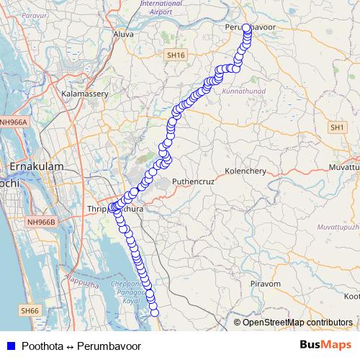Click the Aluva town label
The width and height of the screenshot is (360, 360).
pyautogui.click(x=124, y=34)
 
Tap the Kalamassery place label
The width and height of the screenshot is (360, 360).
pyautogui.click(x=85, y=94)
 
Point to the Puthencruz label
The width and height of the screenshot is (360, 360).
pyautogui.click(x=191, y=182)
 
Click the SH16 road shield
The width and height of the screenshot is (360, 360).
pyautogui.click(x=175, y=55)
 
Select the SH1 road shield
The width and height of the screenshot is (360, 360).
pyautogui.click(x=337, y=127)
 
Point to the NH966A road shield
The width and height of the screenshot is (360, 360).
pyautogui.click(x=14, y=122)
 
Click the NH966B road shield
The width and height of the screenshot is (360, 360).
pyautogui.click(x=41, y=222)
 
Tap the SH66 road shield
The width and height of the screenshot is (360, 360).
pyautogui.click(x=30, y=310)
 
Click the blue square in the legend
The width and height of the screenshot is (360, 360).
pyautogui.click(x=9, y=346)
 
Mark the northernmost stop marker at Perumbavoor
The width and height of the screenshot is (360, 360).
pyautogui.click(x=246, y=28)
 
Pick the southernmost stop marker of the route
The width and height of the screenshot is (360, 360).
pyautogui.click(x=153, y=311)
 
